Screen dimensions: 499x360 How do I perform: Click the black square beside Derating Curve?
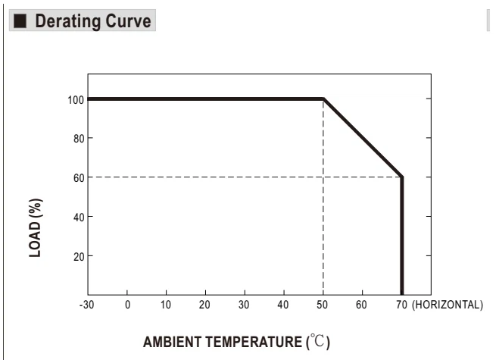click(20, 20)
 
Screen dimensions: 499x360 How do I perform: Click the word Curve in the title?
click(128, 21)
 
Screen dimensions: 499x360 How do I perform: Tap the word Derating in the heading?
click(68, 22)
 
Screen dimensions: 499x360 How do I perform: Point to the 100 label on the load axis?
click(76, 100)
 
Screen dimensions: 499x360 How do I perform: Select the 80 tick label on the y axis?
click(79, 139)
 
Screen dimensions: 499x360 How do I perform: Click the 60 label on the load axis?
click(79, 178)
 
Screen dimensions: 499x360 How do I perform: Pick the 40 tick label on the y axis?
click(79, 218)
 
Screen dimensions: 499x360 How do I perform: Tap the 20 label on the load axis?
click(79, 257)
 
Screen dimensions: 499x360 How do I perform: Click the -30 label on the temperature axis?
click(86, 305)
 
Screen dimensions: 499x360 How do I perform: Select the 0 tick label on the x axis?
click(128, 305)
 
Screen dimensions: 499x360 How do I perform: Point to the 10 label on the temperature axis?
click(166, 305)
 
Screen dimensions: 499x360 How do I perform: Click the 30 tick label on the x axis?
click(244, 305)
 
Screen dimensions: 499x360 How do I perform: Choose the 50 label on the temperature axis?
click(322, 305)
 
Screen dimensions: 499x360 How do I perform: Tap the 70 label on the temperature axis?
click(401, 305)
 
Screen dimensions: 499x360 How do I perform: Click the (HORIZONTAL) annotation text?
click(448, 305)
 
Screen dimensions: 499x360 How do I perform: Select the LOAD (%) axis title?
click(36, 228)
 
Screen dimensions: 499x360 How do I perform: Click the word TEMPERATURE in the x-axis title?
click(254, 342)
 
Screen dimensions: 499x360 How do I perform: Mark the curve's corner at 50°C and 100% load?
click(323, 99)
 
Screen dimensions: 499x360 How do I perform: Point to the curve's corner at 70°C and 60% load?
click(401, 177)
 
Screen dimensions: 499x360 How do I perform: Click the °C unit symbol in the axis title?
click(318, 341)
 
